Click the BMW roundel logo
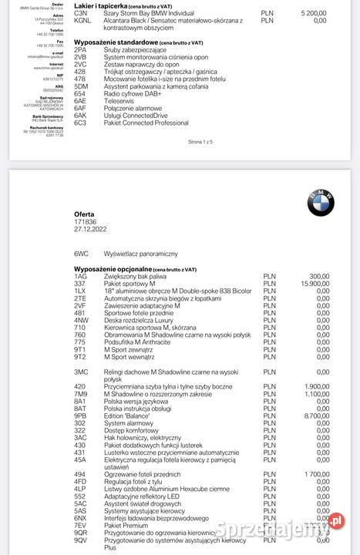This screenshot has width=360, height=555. click(321, 203)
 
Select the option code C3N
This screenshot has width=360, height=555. click(80, 13)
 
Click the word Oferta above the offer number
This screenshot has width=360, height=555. click(85, 214)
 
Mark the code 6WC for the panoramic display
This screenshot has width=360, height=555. click(82, 253)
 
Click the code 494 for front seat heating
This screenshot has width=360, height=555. click(79, 474)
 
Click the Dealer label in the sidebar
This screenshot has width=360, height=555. click(55, 2)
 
